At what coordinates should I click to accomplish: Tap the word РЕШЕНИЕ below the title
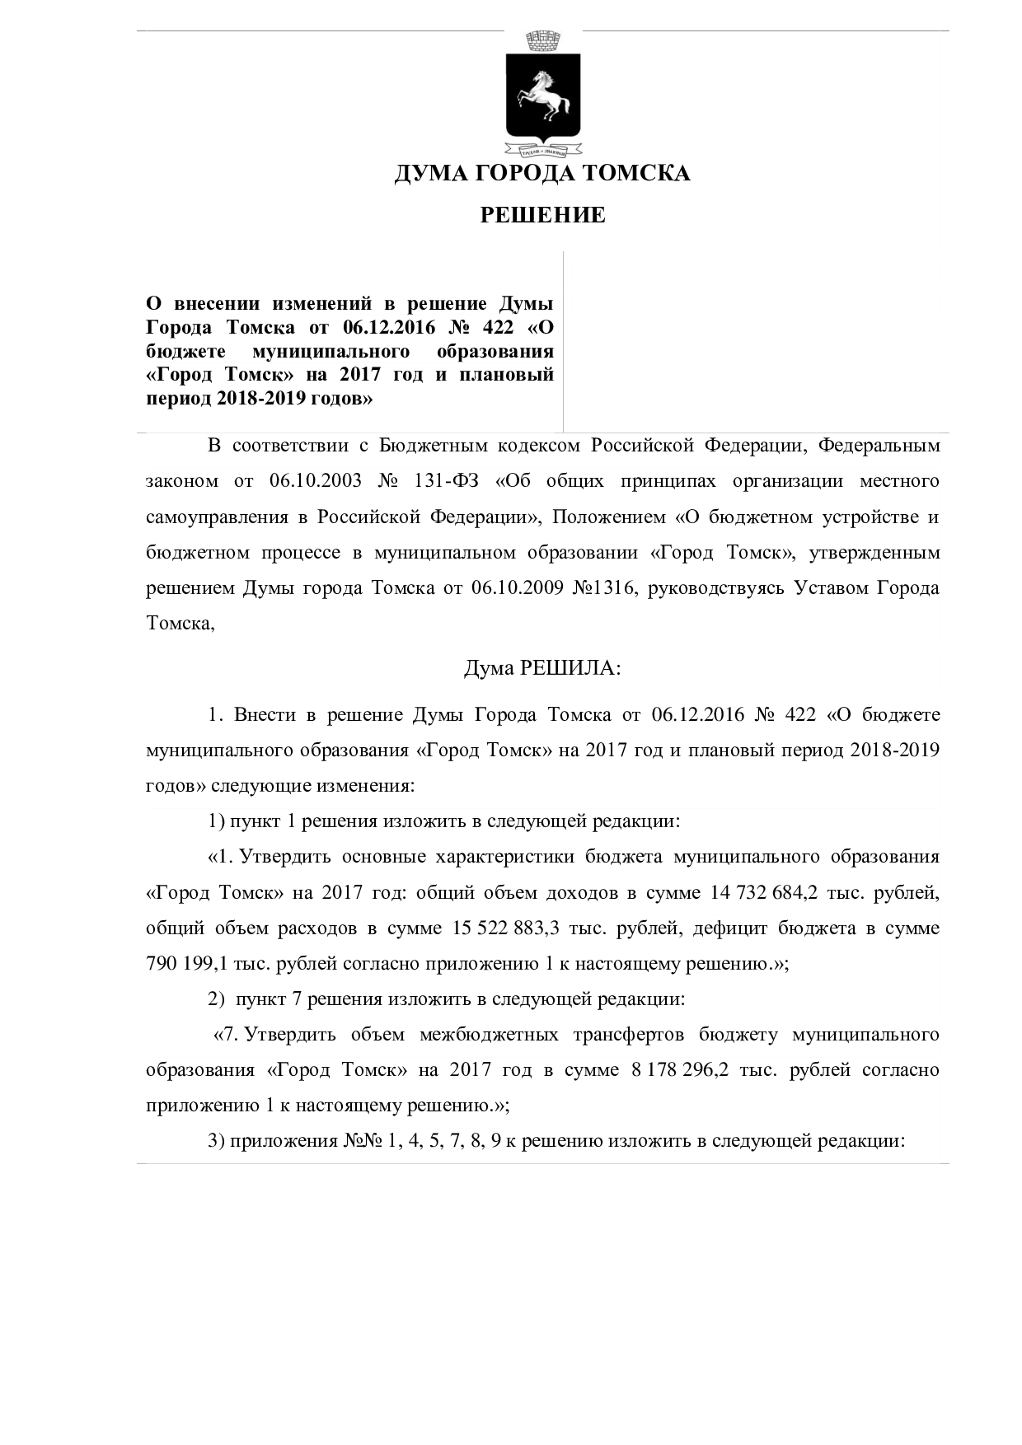pos(542,216)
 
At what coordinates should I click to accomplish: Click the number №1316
pos(603,589)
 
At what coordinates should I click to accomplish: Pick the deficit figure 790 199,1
pos(186,964)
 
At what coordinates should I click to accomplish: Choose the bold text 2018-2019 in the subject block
pos(256,400)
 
